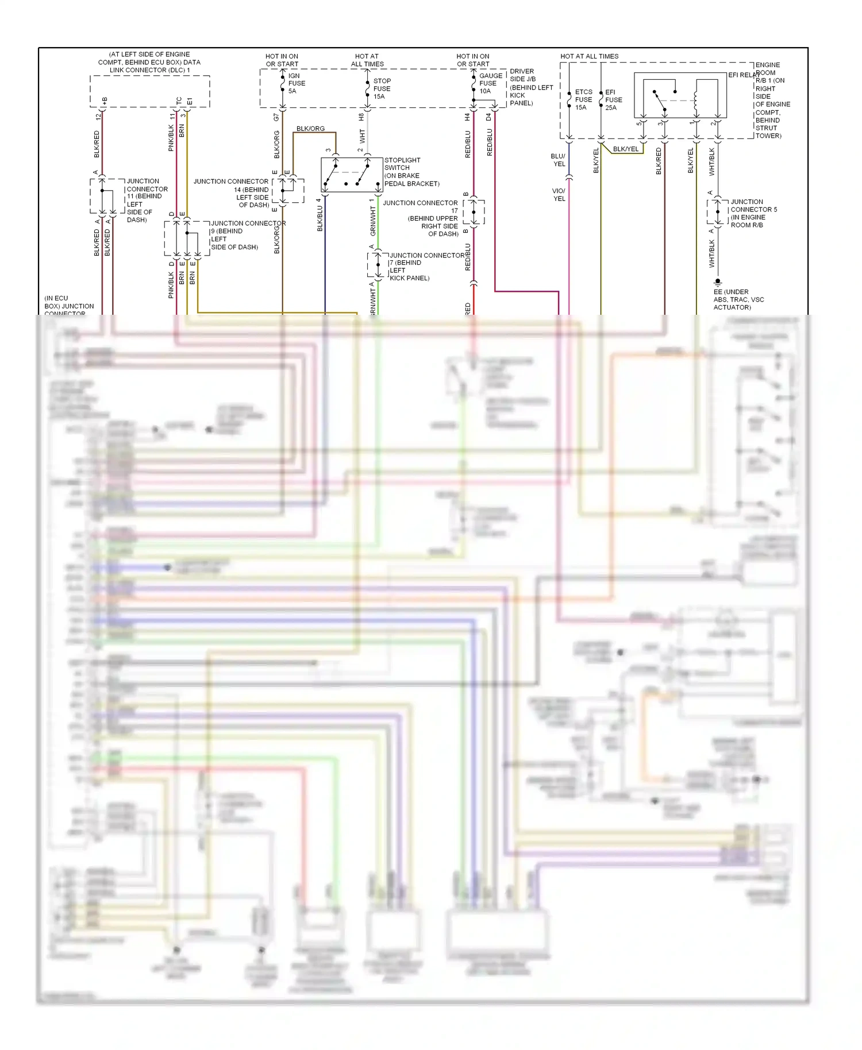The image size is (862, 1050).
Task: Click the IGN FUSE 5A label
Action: [297, 83]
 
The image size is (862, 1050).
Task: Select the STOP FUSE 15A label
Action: [382, 88]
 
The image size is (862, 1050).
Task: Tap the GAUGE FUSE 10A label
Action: [490, 83]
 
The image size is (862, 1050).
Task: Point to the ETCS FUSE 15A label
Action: [583, 99]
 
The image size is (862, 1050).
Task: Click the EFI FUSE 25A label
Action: [613, 99]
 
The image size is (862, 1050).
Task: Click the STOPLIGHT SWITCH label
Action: [402, 168]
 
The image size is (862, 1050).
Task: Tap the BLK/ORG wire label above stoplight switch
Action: [310, 129]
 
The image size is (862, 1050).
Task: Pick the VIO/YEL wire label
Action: [559, 195]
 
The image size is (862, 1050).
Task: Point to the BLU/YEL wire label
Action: [558, 160]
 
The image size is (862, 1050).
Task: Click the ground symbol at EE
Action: [717, 282]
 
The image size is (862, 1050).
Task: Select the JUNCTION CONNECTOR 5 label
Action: [753, 206]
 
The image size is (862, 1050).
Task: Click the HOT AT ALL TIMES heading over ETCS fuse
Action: [589, 56]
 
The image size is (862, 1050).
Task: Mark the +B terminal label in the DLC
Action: [105, 101]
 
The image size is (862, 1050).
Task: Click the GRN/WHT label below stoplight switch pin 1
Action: [372, 221]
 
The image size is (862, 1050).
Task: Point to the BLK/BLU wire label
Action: [320, 218]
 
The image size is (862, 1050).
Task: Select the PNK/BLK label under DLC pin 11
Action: [171, 138]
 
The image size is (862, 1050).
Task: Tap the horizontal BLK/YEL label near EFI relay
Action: [625, 149]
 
